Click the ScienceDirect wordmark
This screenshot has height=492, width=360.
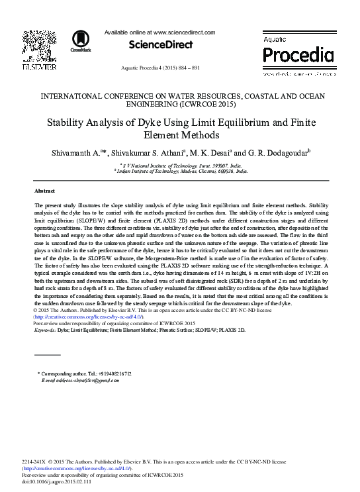coord(160,44)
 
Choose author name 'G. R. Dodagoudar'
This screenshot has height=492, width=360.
coord(274,152)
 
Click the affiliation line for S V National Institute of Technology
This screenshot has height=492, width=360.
coord(180,164)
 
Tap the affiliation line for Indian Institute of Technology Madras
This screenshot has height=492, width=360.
coord(180,170)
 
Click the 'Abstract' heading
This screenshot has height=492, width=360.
coord(44,190)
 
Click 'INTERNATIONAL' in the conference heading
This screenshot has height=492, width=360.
coord(73,96)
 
